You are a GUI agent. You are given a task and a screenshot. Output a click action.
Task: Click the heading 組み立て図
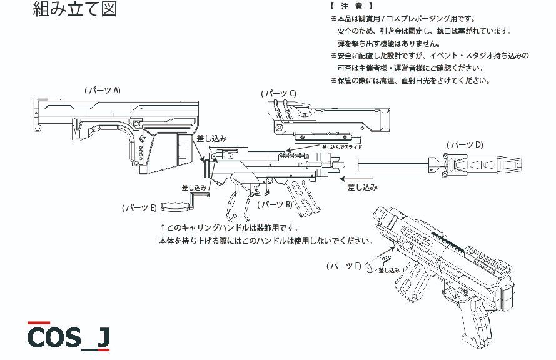click(74, 9)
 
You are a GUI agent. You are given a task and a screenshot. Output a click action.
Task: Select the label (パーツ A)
click(103, 90)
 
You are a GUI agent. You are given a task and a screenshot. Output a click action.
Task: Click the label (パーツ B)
click(276, 204)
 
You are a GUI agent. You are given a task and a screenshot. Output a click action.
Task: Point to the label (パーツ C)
click(278, 93)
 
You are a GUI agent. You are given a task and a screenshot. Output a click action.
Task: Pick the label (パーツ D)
click(465, 144)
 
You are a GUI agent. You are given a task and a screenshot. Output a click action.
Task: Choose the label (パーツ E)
click(139, 207)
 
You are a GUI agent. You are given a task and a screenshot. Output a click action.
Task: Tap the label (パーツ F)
click(344, 266)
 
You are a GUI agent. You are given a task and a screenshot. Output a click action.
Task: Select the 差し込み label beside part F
click(387, 270)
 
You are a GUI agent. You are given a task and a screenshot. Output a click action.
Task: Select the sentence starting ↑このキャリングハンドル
click(230, 227)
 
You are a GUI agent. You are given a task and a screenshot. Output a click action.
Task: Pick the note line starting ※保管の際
click(410, 80)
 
